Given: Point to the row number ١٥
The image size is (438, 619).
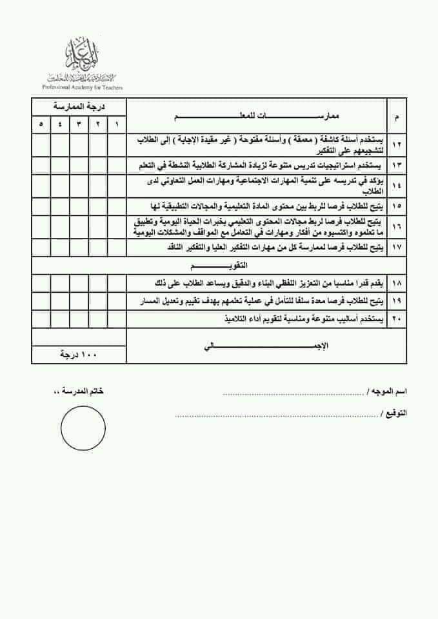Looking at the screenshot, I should coord(395,206).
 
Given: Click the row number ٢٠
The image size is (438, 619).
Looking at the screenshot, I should coord(395,319).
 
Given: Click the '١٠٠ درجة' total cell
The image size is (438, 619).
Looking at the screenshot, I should coord(79,355).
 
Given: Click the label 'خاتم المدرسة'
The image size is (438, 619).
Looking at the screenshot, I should coord(79,392).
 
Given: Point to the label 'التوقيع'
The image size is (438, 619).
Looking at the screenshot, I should coord(392,413).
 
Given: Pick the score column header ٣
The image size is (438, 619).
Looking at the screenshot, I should coord(79,124).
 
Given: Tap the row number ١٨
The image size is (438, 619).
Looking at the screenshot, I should coord(395,283).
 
